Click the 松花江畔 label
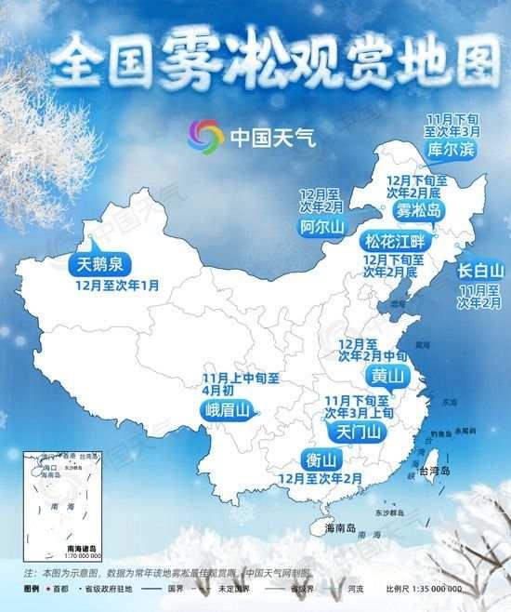click(394, 240)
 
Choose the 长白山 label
click(480, 272)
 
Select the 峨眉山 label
click(228, 410)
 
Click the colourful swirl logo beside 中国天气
click(205, 138)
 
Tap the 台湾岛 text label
click(433, 472)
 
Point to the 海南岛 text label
click(342, 528)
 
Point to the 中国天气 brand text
click(273, 139)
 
